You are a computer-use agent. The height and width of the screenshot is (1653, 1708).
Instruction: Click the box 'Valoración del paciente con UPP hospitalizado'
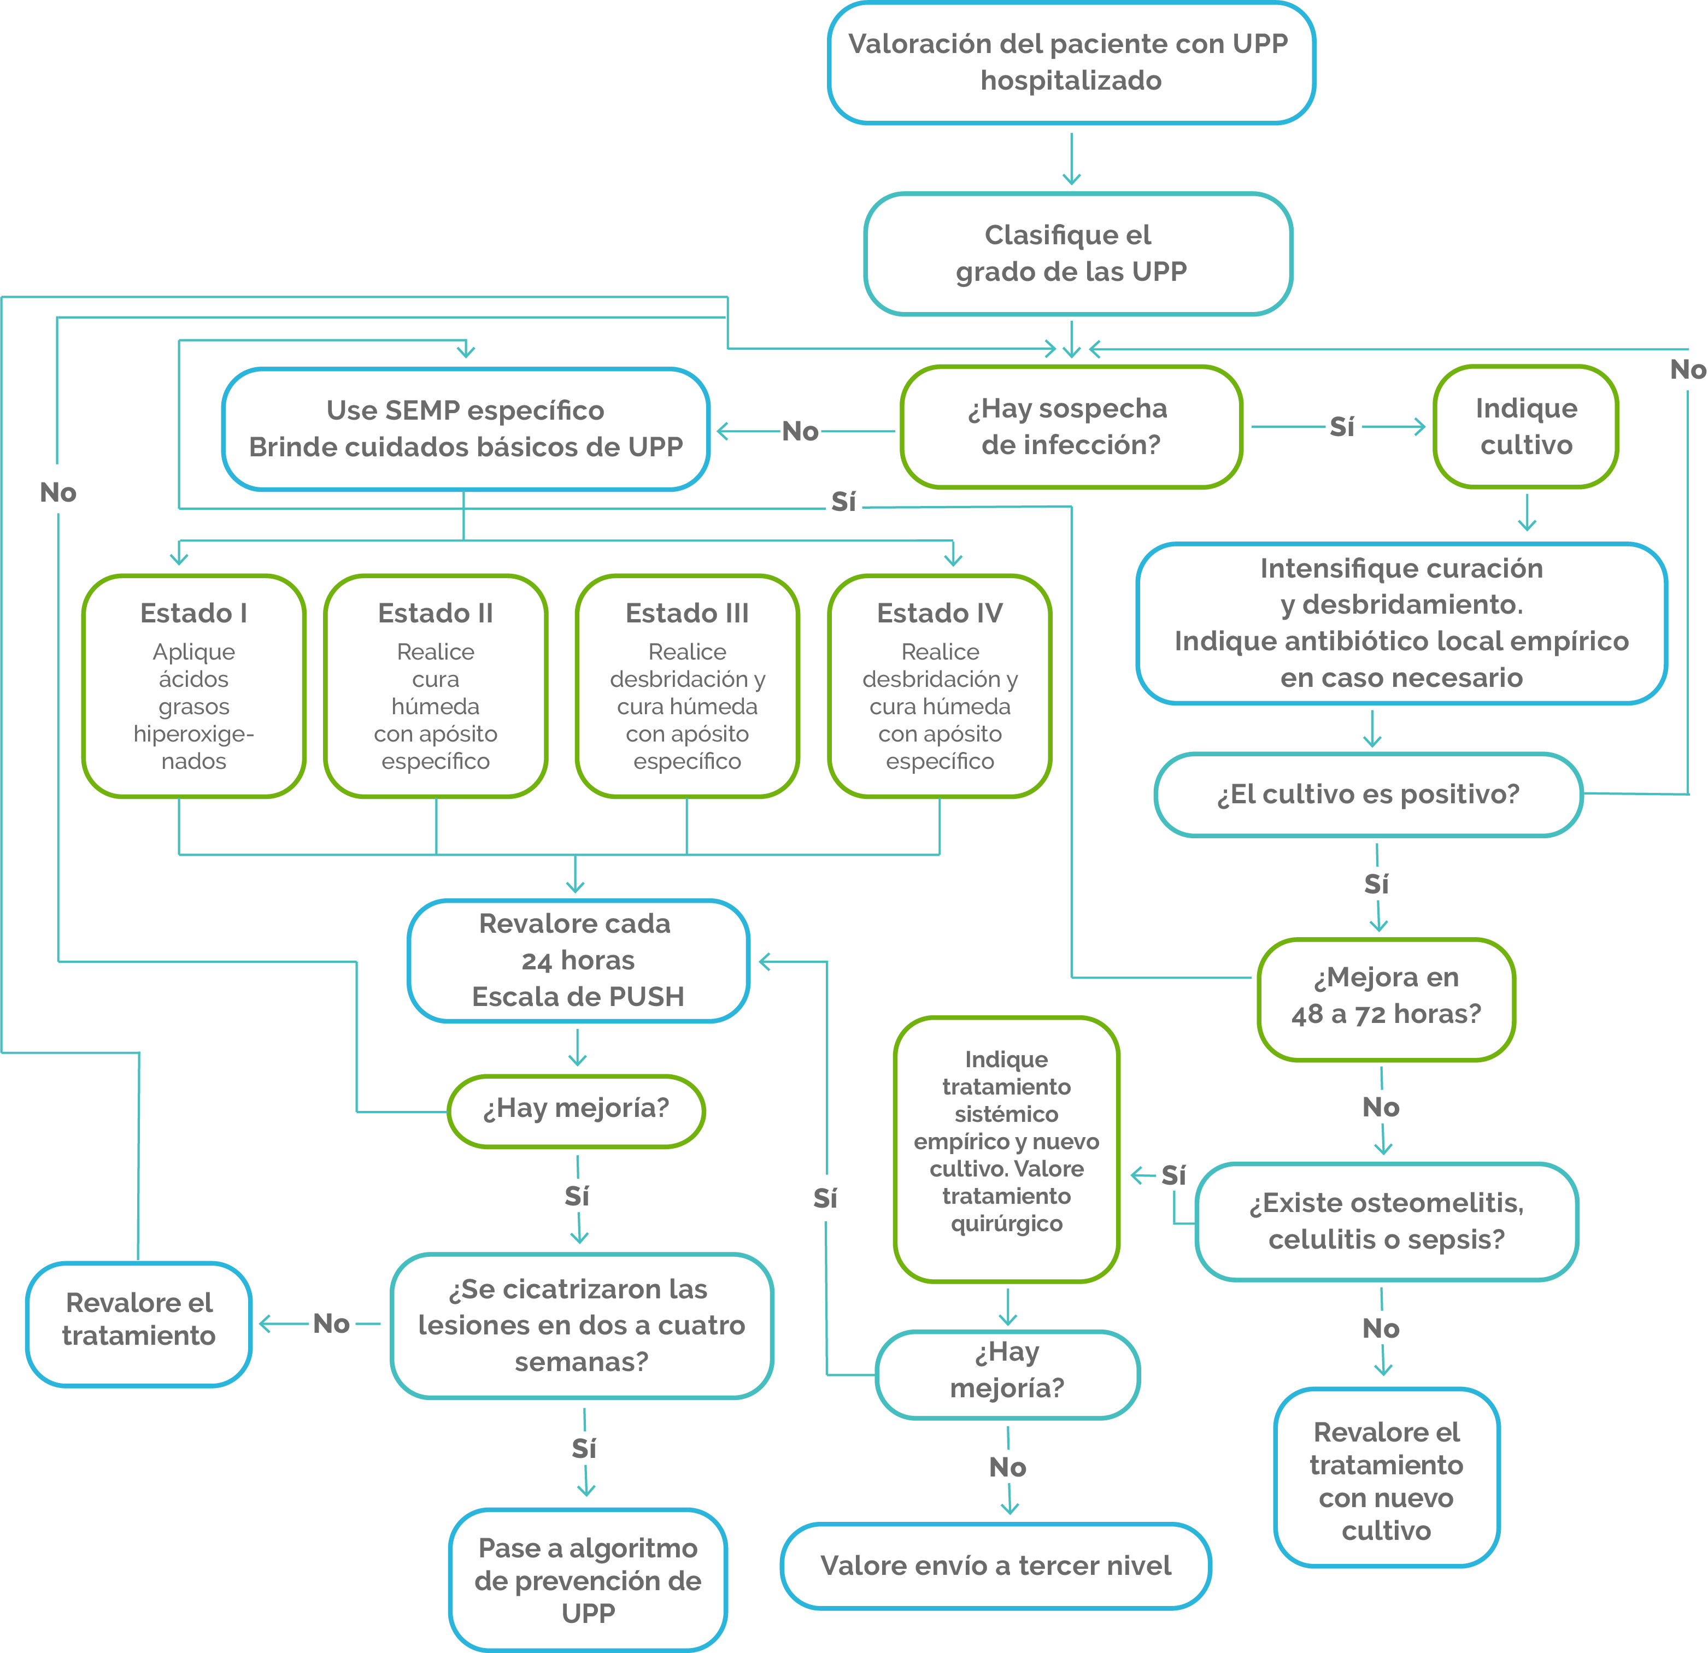pos(1071,63)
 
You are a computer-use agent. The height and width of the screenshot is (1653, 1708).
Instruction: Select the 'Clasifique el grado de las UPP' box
pos(1078,254)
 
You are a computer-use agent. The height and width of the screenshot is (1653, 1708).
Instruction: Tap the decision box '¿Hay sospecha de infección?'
pos(1071,427)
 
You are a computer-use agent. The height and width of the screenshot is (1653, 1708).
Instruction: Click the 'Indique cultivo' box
pos(1526,427)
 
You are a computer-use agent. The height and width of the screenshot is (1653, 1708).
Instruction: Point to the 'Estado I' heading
pos(193,614)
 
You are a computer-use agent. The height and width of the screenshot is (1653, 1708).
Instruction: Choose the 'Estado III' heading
pos(688,614)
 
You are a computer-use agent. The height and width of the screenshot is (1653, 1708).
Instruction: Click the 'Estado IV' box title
pos(940,614)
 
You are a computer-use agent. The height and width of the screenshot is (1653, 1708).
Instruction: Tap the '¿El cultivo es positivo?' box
pos(1368,795)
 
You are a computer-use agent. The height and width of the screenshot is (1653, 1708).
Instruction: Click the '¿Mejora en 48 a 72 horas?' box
pos(1387,999)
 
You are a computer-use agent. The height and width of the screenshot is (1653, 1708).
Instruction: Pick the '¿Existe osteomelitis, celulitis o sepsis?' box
pos(1387,1222)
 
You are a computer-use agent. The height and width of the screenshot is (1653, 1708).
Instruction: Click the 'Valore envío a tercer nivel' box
pos(996,1566)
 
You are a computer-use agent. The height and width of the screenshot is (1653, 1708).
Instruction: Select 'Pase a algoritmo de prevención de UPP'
pos(588,1580)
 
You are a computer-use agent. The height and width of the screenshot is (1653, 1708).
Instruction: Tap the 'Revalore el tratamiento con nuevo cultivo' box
pos(1387,1477)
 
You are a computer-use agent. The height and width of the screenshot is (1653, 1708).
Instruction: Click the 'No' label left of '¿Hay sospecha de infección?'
pos(800,431)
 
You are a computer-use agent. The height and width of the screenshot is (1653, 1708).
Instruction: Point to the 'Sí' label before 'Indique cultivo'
pos(1342,427)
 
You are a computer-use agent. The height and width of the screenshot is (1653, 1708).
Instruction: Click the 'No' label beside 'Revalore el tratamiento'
pos(331,1323)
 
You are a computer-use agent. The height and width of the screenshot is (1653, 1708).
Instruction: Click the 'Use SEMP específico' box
pos(465,429)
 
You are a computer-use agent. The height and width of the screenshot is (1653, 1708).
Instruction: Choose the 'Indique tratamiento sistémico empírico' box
pos(1007,1149)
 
